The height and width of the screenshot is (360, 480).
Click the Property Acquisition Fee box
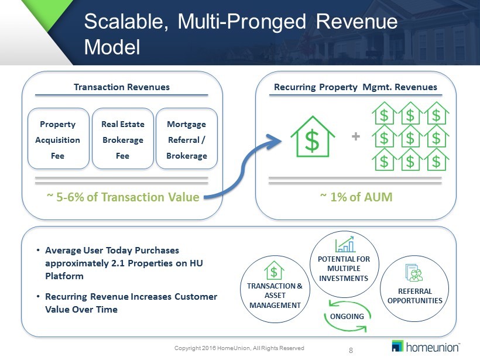click(x=58, y=139)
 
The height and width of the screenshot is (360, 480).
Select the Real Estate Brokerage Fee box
click(x=123, y=139)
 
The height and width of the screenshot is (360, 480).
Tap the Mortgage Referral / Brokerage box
click(x=187, y=139)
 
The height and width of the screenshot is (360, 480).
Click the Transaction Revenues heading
click(x=122, y=87)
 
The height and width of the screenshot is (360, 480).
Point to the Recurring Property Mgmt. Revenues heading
click(x=355, y=87)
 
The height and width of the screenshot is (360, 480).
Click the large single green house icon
click(x=313, y=136)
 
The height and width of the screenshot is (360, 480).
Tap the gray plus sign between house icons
click(x=356, y=136)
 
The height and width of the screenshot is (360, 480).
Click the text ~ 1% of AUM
click(x=356, y=197)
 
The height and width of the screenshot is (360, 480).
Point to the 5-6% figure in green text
click(x=70, y=197)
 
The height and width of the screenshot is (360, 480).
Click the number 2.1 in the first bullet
click(x=118, y=263)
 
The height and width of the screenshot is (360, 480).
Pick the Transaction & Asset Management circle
click(x=275, y=289)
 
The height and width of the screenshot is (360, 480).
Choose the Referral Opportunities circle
click(x=414, y=289)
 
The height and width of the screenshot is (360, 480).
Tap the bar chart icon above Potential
click(x=345, y=244)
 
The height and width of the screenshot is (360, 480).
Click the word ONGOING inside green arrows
click(x=347, y=317)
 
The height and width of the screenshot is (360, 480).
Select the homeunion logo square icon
click(x=397, y=346)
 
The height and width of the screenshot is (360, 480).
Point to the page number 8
click(x=351, y=351)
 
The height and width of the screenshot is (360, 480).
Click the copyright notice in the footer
click(x=239, y=348)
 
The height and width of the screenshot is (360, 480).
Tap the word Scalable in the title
click(x=126, y=22)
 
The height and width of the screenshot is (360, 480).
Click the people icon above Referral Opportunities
click(x=414, y=272)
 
